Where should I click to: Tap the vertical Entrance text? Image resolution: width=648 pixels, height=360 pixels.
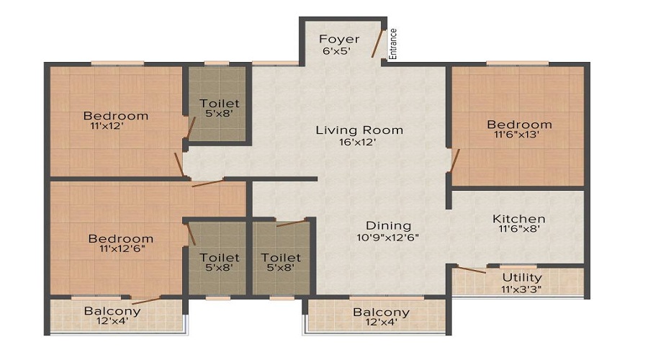393,44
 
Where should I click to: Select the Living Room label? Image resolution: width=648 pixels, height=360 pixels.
359,130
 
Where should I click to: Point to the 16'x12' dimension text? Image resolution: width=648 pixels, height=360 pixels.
359,143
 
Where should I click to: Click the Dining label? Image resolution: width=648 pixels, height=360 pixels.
388,225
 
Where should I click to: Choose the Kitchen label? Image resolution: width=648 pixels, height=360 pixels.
518,219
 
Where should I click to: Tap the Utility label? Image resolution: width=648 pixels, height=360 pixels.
522,277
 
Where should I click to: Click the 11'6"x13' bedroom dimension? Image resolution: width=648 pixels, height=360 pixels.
518,135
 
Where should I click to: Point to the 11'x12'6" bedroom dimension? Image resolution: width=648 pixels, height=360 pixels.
121,250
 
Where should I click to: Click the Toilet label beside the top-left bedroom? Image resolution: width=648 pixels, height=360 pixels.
220,104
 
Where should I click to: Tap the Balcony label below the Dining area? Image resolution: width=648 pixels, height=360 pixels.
381,312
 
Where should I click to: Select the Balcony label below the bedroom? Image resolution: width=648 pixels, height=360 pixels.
112,312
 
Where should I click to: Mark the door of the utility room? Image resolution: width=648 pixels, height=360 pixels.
472,271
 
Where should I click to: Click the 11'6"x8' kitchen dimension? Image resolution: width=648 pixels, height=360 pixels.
518,230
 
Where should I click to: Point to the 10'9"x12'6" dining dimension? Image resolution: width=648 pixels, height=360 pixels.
388,237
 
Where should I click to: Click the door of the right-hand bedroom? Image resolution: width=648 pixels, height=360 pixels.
451,162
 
